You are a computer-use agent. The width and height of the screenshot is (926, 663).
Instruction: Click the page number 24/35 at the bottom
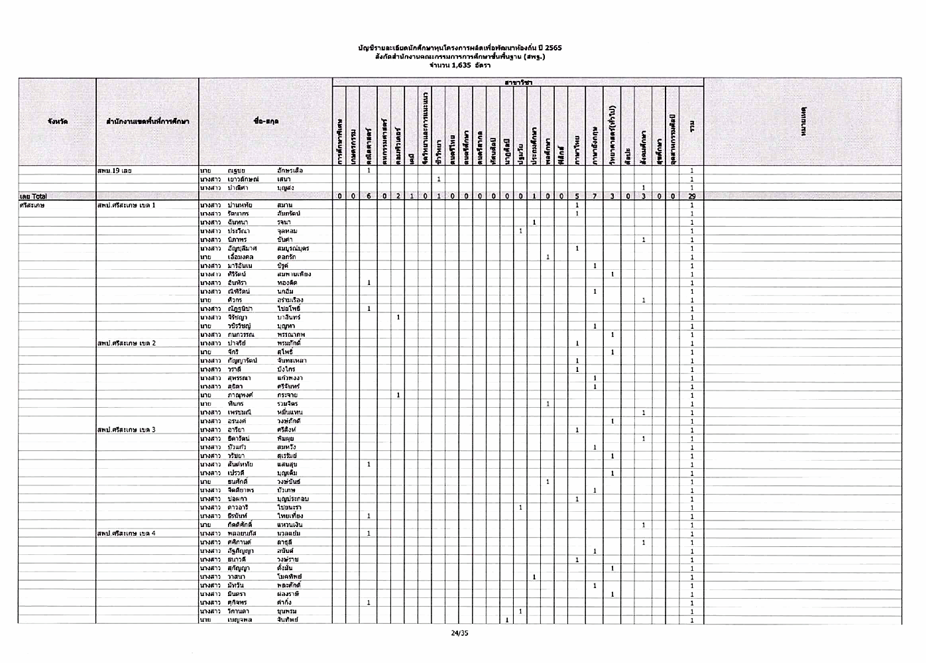(x=459, y=633)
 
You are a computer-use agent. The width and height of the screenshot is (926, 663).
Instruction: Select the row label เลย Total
(x=32, y=196)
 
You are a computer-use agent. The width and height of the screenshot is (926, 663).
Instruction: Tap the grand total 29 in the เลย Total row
(x=691, y=196)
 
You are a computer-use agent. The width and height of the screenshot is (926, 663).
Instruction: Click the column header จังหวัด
(x=57, y=121)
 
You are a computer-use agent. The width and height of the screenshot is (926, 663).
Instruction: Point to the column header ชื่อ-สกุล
(x=265, y=121)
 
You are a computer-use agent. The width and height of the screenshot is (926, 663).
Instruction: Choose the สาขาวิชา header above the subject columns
(x=518, y=82)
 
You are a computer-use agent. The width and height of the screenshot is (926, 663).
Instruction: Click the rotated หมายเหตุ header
(x=802, y=121)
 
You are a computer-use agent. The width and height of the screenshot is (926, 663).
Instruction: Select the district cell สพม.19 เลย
(x=115, y=170)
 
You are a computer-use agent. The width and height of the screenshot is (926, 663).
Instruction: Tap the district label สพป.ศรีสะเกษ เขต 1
(x=127, y=206)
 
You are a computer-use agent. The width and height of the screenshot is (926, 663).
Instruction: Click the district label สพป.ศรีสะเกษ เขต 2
(x=127, y=343)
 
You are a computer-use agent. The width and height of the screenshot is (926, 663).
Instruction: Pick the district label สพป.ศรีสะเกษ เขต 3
(x=127, y=430)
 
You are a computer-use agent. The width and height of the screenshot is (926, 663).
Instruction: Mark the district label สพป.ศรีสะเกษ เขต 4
(x=127, y=533)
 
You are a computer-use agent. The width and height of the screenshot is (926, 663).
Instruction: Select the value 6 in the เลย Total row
(x=368, y=196)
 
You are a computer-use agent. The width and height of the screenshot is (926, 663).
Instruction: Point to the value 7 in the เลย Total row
(x=595, y=196)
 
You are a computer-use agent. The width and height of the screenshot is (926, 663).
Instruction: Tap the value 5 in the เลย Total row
(x=577, y=196)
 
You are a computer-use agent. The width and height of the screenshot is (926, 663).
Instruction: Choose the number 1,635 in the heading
(x=459, y=65)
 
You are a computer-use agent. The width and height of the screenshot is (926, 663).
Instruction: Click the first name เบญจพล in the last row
(x=239, y=620)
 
